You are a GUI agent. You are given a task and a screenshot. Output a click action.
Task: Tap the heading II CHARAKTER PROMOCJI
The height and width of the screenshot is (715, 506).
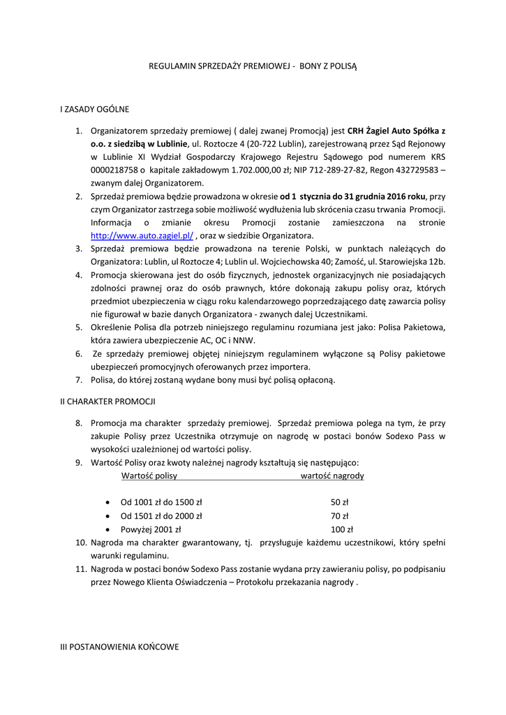[108, 401]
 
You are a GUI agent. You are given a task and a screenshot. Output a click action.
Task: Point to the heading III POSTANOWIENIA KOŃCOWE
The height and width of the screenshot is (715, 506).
[119, 647]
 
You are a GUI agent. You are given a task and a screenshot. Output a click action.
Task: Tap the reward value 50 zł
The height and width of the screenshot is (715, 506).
[340, 502]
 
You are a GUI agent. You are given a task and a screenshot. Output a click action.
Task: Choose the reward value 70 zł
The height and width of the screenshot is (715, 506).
[340, 516]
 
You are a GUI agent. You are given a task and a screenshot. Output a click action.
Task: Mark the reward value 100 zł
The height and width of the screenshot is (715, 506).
[342, 529]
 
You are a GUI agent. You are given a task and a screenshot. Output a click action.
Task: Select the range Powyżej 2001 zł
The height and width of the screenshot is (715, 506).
[151, 529]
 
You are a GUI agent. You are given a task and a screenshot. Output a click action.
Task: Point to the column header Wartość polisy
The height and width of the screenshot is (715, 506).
[149, 476]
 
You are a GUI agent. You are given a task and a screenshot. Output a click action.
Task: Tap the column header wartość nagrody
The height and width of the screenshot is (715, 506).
[332, 476]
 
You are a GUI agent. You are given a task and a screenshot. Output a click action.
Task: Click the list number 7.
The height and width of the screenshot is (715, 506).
[79, 380]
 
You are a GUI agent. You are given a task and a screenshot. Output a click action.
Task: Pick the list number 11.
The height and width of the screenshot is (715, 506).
[80, 569]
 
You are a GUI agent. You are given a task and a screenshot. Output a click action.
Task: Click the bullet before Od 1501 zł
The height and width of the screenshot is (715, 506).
[107, 517]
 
